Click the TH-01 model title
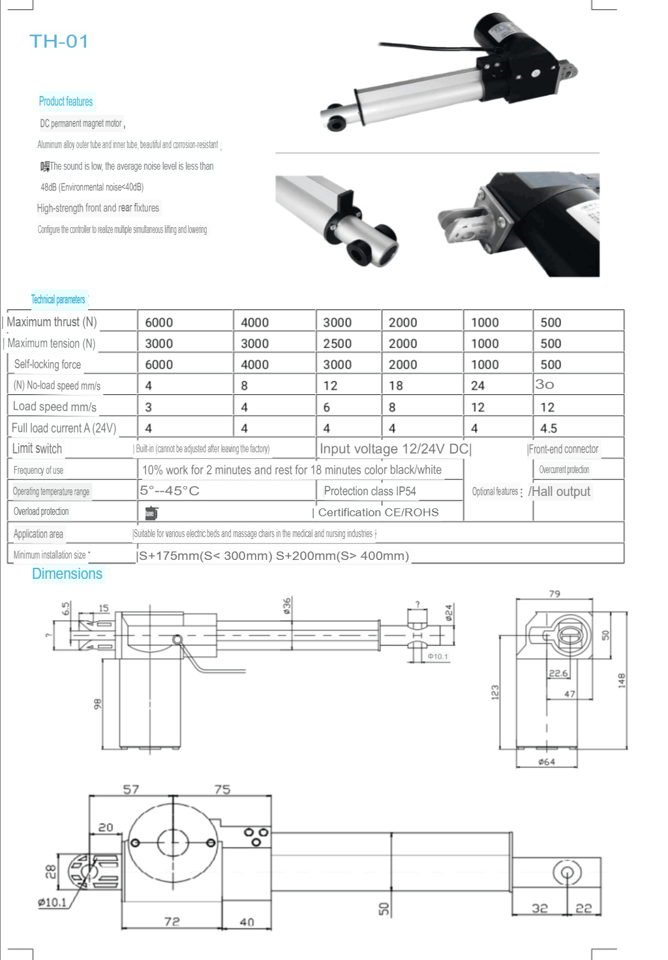pos(59,42)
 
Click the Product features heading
pos(66,101)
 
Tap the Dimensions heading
pos(67,574)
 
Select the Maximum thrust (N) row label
pos(52,322)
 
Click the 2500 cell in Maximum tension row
pos(337,343)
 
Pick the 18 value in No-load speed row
pos(396,386)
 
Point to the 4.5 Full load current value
pos(549,428)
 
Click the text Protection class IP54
pos(370,491)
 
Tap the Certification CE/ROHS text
pos(378,512)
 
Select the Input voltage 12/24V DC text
pos(394,448)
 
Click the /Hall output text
pos(560,491)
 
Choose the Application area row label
pos(38,534)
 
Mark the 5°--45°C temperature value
pos(170,491)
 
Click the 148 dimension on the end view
pos(622,680)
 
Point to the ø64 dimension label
pos(547,762)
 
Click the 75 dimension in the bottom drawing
pos(222,789)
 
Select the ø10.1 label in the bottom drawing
pos(52,902)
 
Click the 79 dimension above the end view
pos(554,593)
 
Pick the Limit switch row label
pos(37,448)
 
